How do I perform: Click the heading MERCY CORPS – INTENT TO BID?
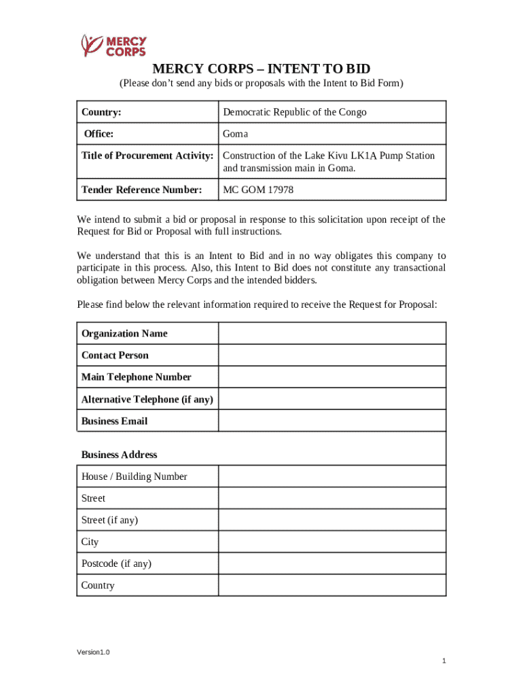pyautogui.click(x=261, y=69)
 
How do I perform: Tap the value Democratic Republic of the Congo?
pyautogui.click(x=295, y=112)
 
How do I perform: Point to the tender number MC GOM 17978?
pyautogui.click(x=259, y=190)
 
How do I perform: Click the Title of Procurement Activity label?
pyautogui.click(x=147, y=156)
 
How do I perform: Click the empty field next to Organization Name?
pyautogui.click(x=331, y=334)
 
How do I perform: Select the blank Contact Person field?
pyautogui.click(x=331, y=355)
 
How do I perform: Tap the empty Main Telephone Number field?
pyautogui.click(x=331, y=377)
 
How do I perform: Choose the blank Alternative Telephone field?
pyautogui.click(x=331, y=399)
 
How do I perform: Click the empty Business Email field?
pyautogui.click(x=331, y=421)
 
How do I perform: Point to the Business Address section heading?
pyautogui.click(x=119, y=455)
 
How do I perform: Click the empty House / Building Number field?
pyautogui.click(x=331, y=476)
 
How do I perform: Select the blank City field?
pyautogui.click(x=331, y=542)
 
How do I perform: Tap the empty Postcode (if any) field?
pyautogui.click(x=331, y=563)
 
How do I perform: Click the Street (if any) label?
pyautogui.click(x=109, y=520)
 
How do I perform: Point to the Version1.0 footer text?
pyautogui.click(x=93, y=652)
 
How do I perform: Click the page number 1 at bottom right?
pyautogui.click(x=443, y=661)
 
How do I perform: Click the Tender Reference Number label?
pyautogui.click(x=142, y=190)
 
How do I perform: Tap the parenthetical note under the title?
pyautogui.click(x=261, y=84)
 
